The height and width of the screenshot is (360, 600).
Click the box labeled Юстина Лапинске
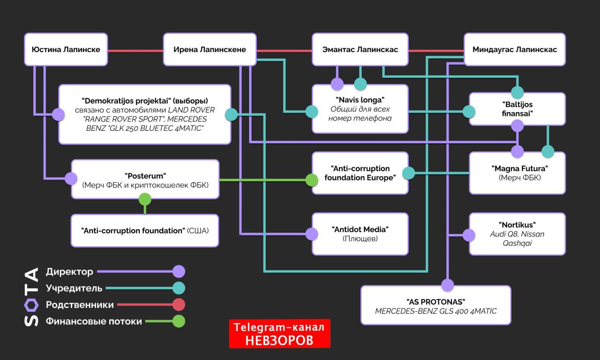pos(66,49)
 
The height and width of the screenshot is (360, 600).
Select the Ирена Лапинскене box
pos(210,49)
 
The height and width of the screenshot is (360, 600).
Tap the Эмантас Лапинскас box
pos(360,49)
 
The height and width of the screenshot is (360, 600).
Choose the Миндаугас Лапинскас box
pos(515,49)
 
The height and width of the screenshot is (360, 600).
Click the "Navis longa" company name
pos(360,100)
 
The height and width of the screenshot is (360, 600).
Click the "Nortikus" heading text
pos(517,225)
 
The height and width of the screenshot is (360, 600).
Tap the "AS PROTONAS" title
pos(435,301)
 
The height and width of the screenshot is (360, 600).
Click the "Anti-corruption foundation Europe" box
pos(360,173)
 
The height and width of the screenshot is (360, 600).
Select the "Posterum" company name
pos(145,176)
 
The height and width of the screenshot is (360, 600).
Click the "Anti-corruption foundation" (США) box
pos(145,231)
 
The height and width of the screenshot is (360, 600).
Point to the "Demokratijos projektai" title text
pos(144,101)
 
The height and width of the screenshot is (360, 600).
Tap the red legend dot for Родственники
pos(179,305)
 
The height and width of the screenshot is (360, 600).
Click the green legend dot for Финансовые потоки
pos(179,321)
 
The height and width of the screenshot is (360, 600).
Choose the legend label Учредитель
pos(74,288)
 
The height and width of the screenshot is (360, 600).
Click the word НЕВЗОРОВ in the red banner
pos(279,340)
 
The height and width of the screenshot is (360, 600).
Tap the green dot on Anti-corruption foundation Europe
pos(312,180)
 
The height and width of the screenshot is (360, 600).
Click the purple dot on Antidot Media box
pos(312,233)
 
